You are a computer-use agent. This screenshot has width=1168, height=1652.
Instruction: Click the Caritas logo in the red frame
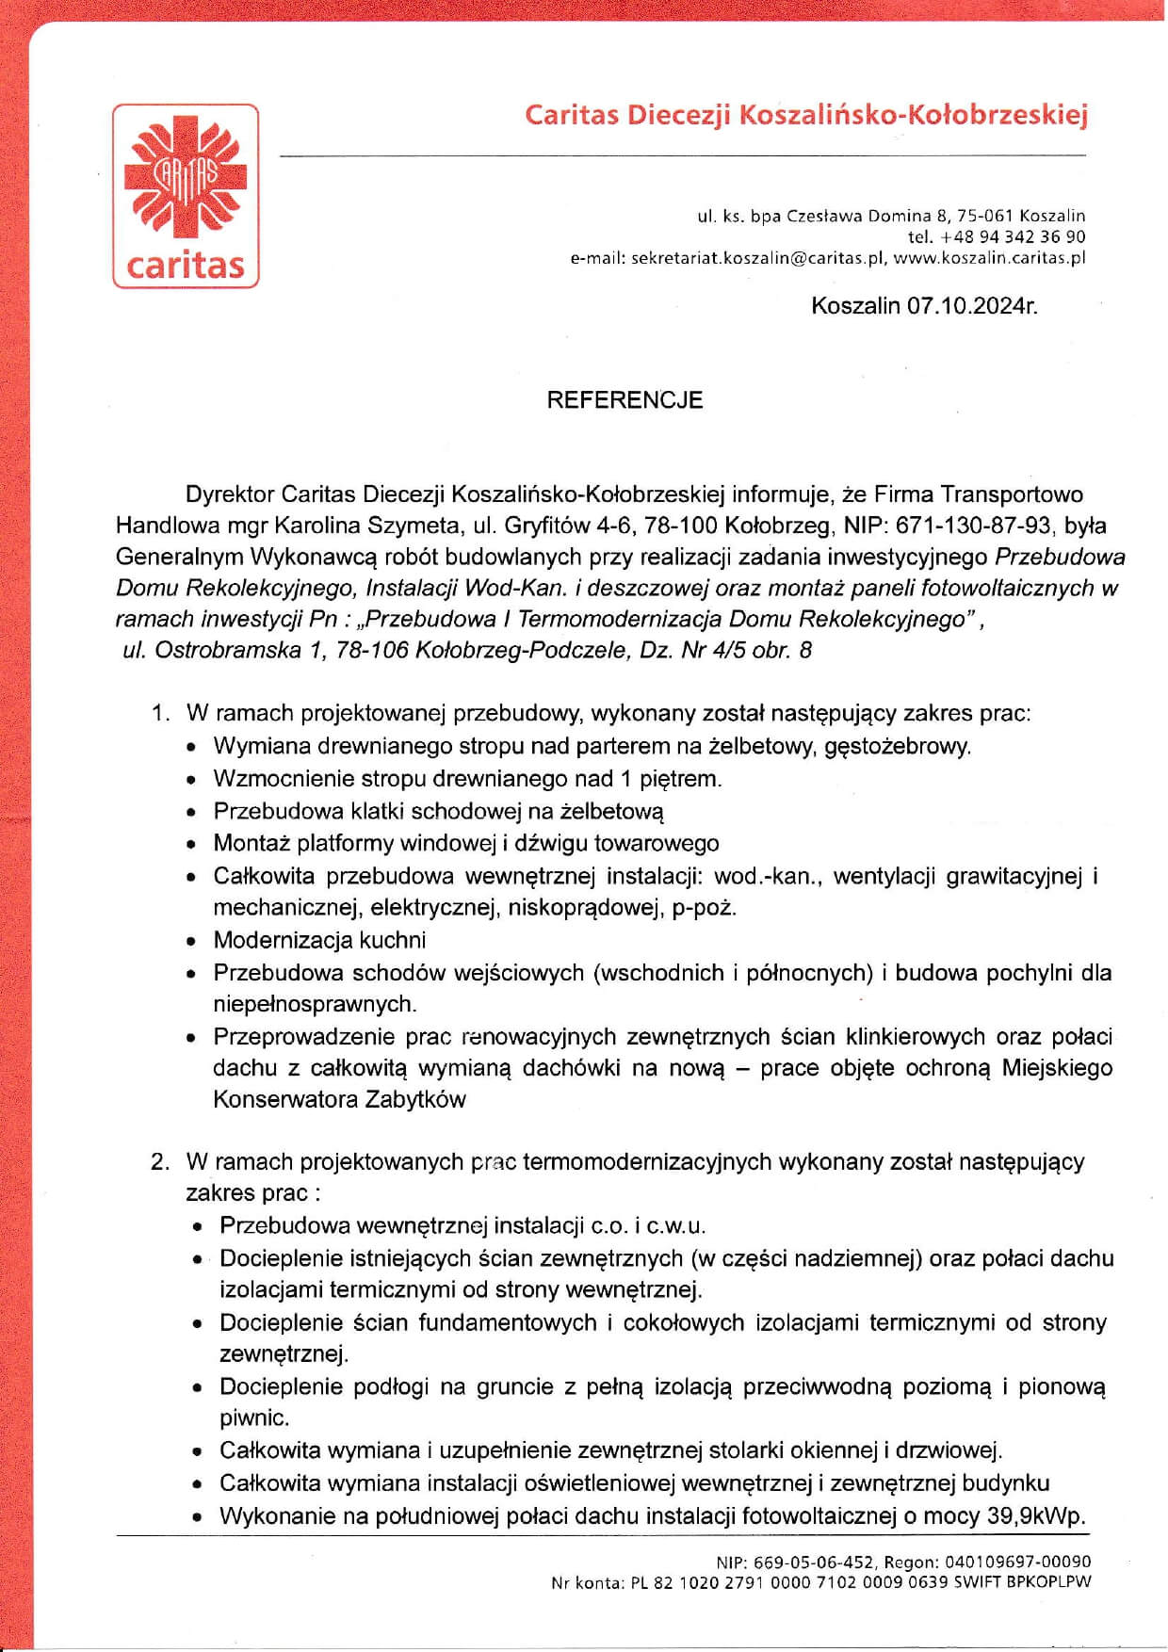[186, 196]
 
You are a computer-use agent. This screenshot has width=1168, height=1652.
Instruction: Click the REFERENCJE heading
[625, 400]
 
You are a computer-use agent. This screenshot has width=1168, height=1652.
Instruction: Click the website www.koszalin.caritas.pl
[989, 257]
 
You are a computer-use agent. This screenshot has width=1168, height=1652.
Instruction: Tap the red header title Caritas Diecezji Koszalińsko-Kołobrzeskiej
[805, 116]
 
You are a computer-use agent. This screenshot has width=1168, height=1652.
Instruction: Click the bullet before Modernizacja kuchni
[192, 941]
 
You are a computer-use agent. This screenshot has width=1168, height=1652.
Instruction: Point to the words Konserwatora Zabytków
[339, 1099]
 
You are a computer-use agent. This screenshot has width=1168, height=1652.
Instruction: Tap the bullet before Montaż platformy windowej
[192, 844]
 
